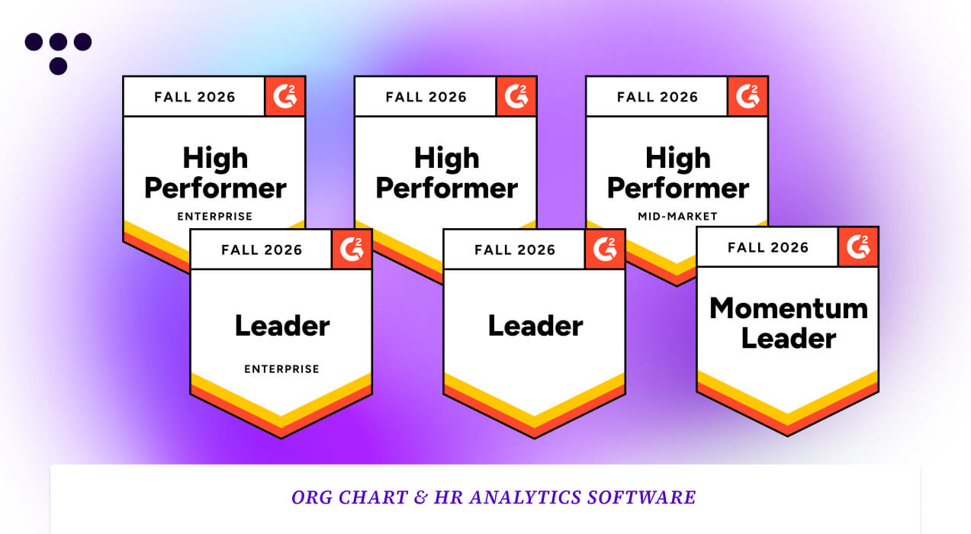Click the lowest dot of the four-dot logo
[58, 66]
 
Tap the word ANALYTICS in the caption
[525, 497]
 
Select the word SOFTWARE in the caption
[641, 497]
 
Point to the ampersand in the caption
[420, 497]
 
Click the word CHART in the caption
[373, 497]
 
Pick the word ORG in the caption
[311, 497]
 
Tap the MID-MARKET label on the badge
[677, 217]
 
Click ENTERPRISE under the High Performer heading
[214, 217]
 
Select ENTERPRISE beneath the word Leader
[281, 369]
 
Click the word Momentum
[789, 309]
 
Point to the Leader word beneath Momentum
[789, 339]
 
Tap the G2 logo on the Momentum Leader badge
[858, 247]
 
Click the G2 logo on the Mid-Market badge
[748, 96]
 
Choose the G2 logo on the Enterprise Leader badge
[352, 249]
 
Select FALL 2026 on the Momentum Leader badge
[767, 247]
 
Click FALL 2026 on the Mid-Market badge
[658, 97]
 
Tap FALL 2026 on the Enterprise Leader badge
[262, 249]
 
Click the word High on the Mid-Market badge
[678, 158]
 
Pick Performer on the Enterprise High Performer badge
[215, 188]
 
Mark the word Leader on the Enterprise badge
[282, 326]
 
